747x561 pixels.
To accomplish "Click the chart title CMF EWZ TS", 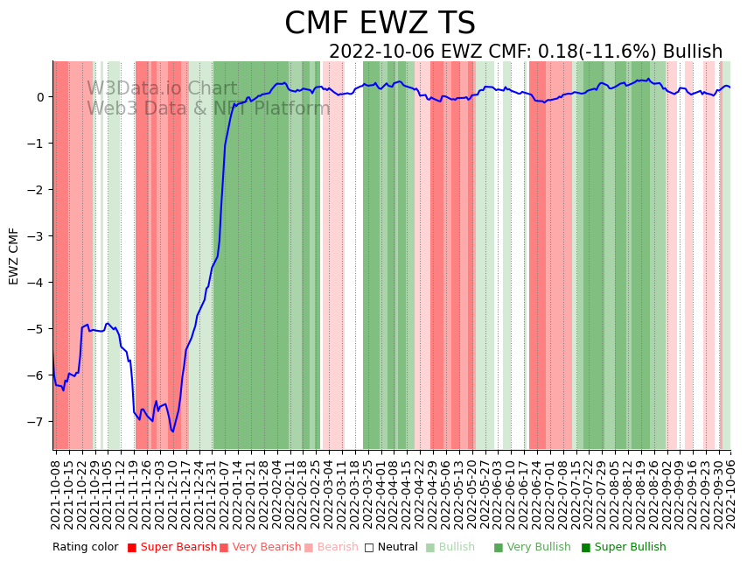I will (x=380, y=24).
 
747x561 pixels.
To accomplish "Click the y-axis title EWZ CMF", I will (x=14, y=256).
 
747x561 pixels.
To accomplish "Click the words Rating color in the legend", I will (x=85, y=547).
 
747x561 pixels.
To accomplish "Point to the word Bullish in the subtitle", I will (x=692, y=53).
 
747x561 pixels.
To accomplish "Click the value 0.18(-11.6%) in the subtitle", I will (x=581, y=53).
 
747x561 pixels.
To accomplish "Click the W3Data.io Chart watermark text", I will (x=162, y=89).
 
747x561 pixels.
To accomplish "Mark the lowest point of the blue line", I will (x=173, y=431).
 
